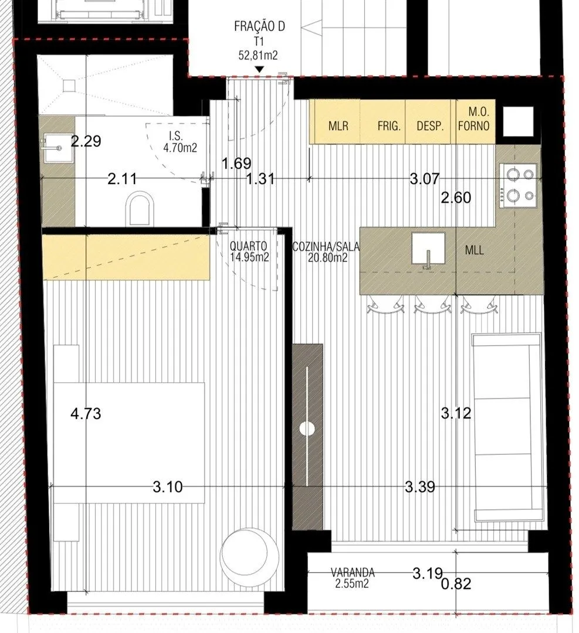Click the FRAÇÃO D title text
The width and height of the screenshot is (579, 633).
point(259,26)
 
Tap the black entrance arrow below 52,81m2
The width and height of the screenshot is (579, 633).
point(260,70)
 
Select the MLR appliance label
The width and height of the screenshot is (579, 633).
point(338,126)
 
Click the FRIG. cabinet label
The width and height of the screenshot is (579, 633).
point(389,126)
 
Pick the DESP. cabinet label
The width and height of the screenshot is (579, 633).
point(430,126)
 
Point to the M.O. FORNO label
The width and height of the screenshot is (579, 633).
point(474,119)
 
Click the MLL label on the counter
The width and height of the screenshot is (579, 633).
point(475,250)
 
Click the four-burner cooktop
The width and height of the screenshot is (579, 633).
point(519,186)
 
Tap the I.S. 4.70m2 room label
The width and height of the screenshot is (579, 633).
point(180,142)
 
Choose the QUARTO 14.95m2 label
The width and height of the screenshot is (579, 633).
point(249,251)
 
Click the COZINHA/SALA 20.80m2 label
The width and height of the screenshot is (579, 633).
point(326,251)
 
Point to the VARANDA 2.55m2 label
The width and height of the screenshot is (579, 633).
point(353,578)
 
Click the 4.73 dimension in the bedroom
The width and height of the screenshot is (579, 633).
point(86,413)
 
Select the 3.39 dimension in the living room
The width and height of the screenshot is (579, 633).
point(420,487)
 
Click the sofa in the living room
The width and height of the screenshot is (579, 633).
point(507,427)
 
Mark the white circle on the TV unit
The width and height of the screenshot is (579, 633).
point(307,428)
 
